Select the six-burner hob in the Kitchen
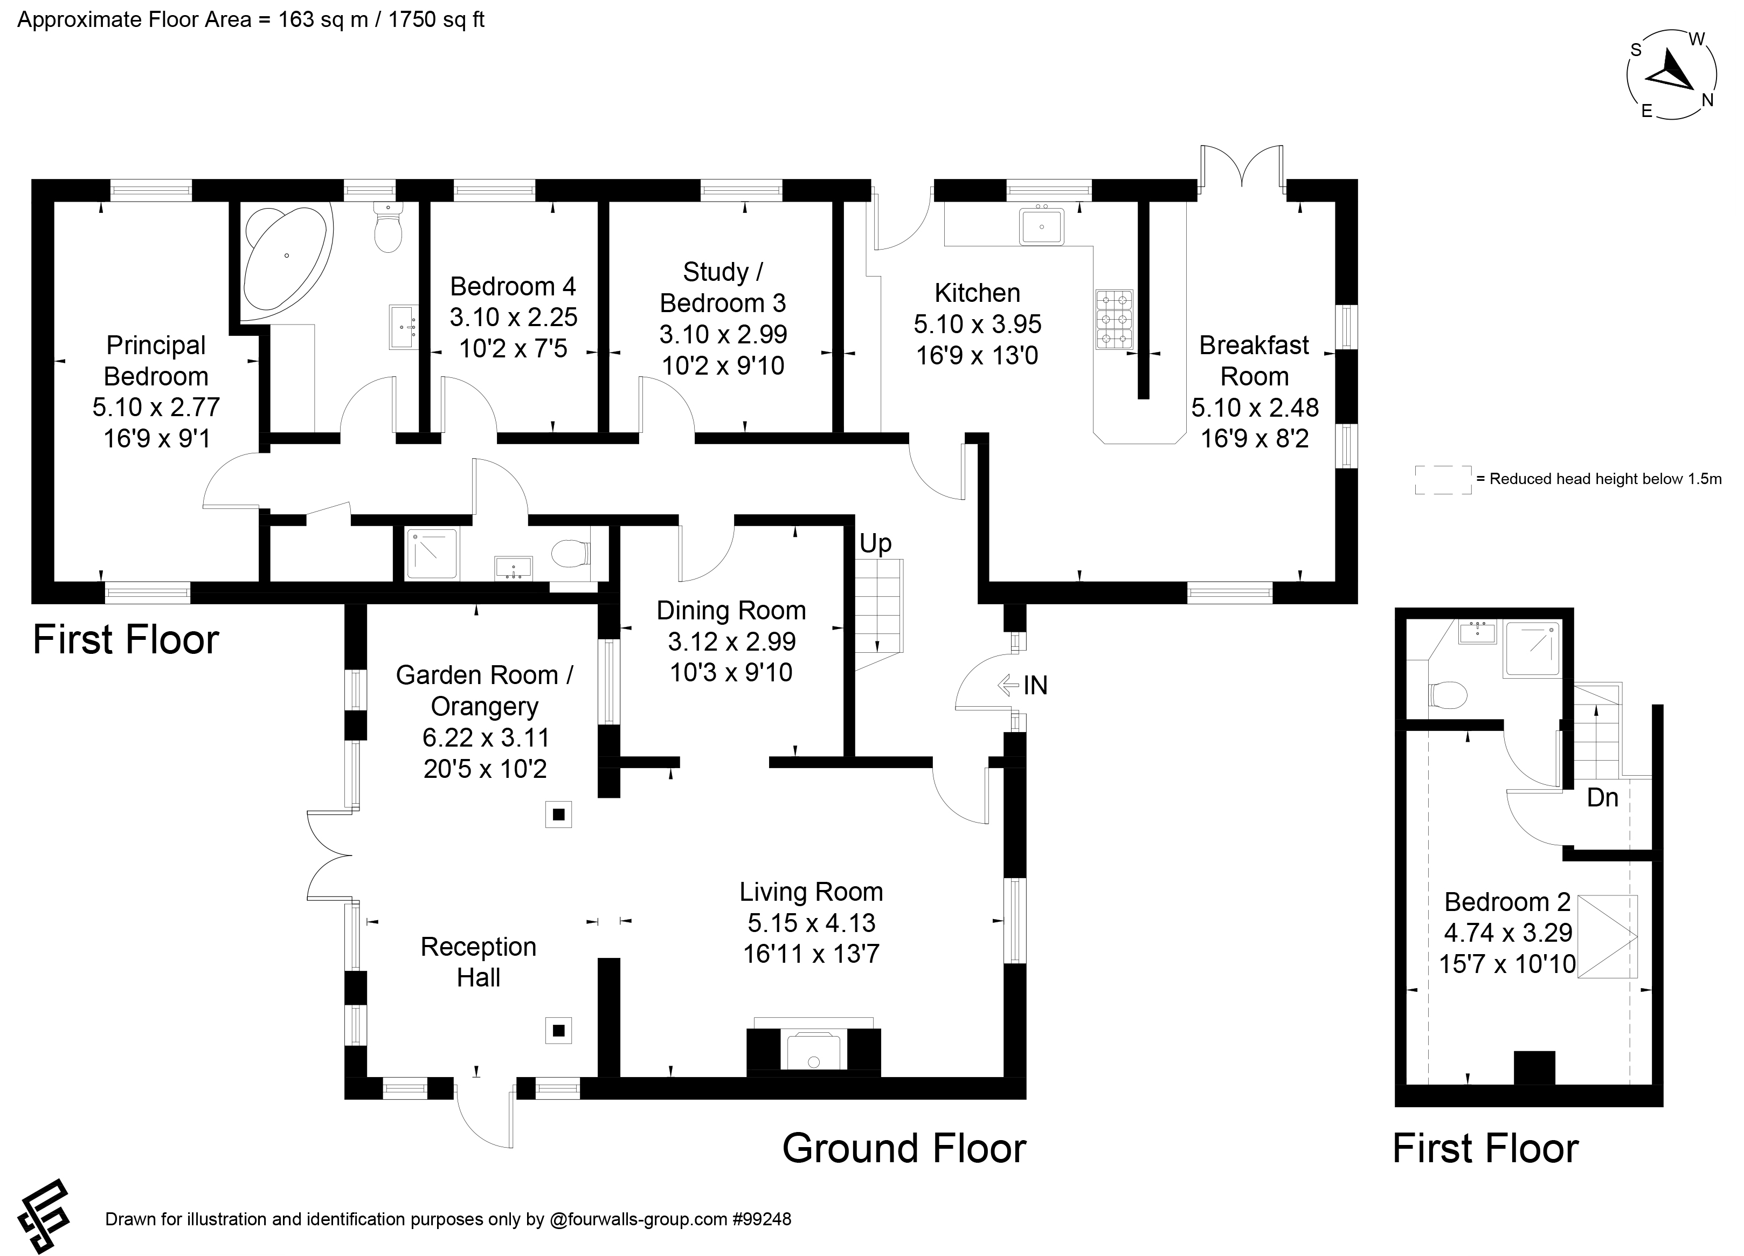[1114, 319]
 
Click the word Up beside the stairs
[875, 544]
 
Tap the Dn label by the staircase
[1602, 798]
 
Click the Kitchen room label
[977, 293]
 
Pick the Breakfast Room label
[1254, 361]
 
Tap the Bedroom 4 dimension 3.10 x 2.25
[513, 317]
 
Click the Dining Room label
[731, 611]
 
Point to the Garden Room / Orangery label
[485, 691]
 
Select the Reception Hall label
[478, 962]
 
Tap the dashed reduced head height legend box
[1443, 479]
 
